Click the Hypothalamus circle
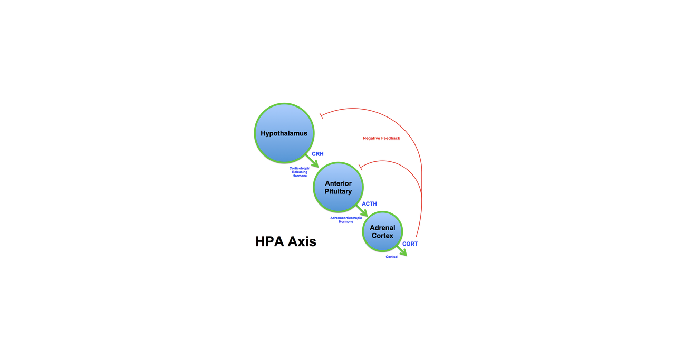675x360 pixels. [284, 133]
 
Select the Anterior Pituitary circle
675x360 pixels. [338, 187]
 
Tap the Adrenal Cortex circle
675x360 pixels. [382, 231]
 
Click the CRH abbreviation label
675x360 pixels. [317, 154]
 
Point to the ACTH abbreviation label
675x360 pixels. [369, 204]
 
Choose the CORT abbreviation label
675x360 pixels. [410, 244]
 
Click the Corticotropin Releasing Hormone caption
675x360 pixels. [300, 172]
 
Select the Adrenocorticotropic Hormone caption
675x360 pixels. [346, 220]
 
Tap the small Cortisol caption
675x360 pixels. [392, 257]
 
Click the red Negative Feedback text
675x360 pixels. [381, 138]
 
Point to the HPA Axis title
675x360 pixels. [286, 241]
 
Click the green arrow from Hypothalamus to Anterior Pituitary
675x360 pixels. [312, 161]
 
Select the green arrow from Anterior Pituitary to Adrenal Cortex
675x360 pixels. [362, 211]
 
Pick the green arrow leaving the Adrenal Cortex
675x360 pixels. [402, 251]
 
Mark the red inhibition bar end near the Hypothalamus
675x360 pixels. [321, 115]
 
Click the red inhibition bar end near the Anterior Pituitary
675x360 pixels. [360, 167]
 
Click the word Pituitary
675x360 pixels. [338, 192]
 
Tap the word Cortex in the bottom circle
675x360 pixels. [382, 236]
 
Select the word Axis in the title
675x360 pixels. [302, 241]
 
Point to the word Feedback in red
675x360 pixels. [391, 138]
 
